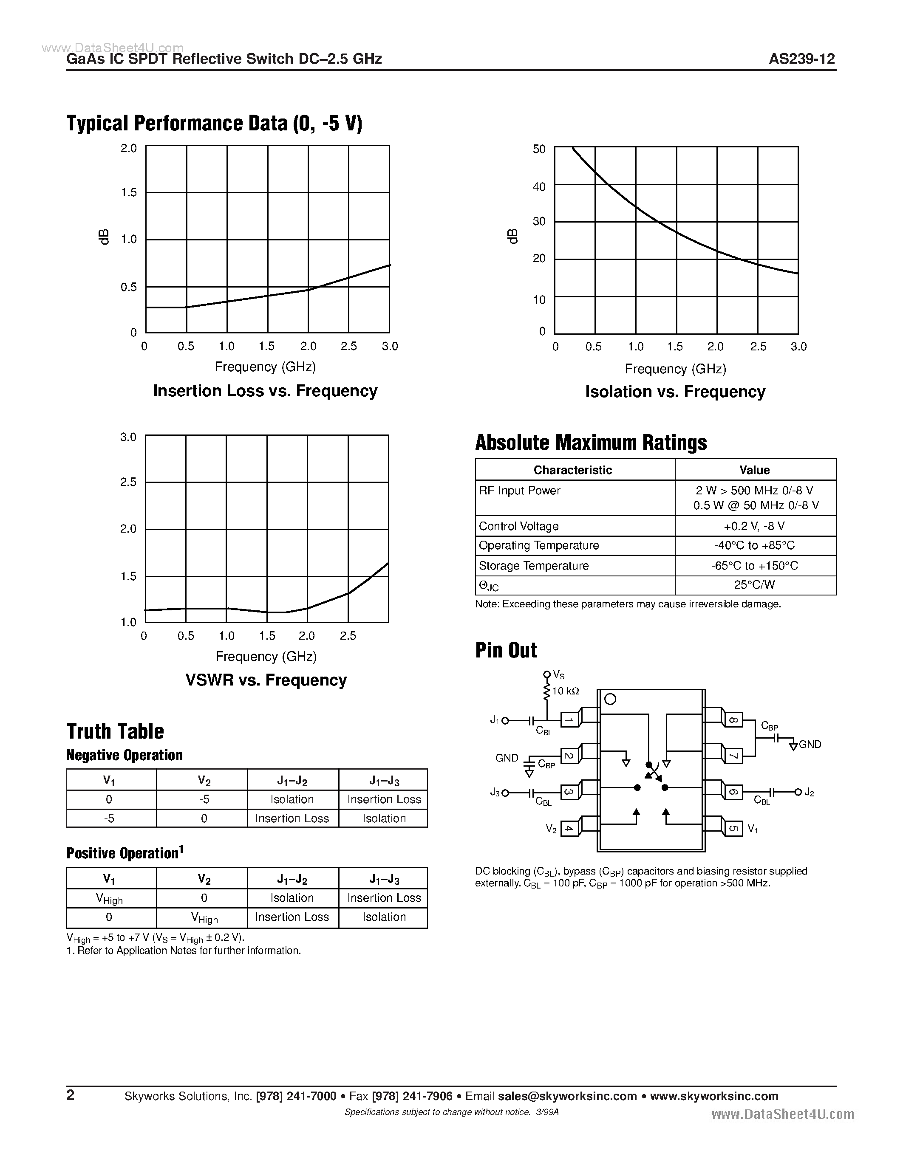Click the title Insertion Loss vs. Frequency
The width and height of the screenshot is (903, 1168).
click(265, 391)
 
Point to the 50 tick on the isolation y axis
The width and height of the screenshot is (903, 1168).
click(539, 149)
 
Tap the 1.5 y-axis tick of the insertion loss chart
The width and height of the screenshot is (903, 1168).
click(129, 192)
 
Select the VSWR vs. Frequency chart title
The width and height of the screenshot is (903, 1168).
click(266, 680)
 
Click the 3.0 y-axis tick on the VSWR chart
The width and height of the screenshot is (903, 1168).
click(128, 437)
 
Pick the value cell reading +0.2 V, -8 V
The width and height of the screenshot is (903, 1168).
click(754, 526)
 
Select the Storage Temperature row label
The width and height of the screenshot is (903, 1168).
click(533, 566)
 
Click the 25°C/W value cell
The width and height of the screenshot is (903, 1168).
click(754, 585)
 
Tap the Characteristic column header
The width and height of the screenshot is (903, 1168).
click(572, 470)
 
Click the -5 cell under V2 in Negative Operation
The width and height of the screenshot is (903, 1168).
click(204, 799)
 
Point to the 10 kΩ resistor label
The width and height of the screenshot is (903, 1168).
click(566, 691)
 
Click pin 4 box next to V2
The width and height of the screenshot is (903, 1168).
click(569, 828)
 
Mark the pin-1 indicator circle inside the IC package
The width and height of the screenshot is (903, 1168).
click(610, 700)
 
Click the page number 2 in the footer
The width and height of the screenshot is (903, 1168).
click(71, 1095)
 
